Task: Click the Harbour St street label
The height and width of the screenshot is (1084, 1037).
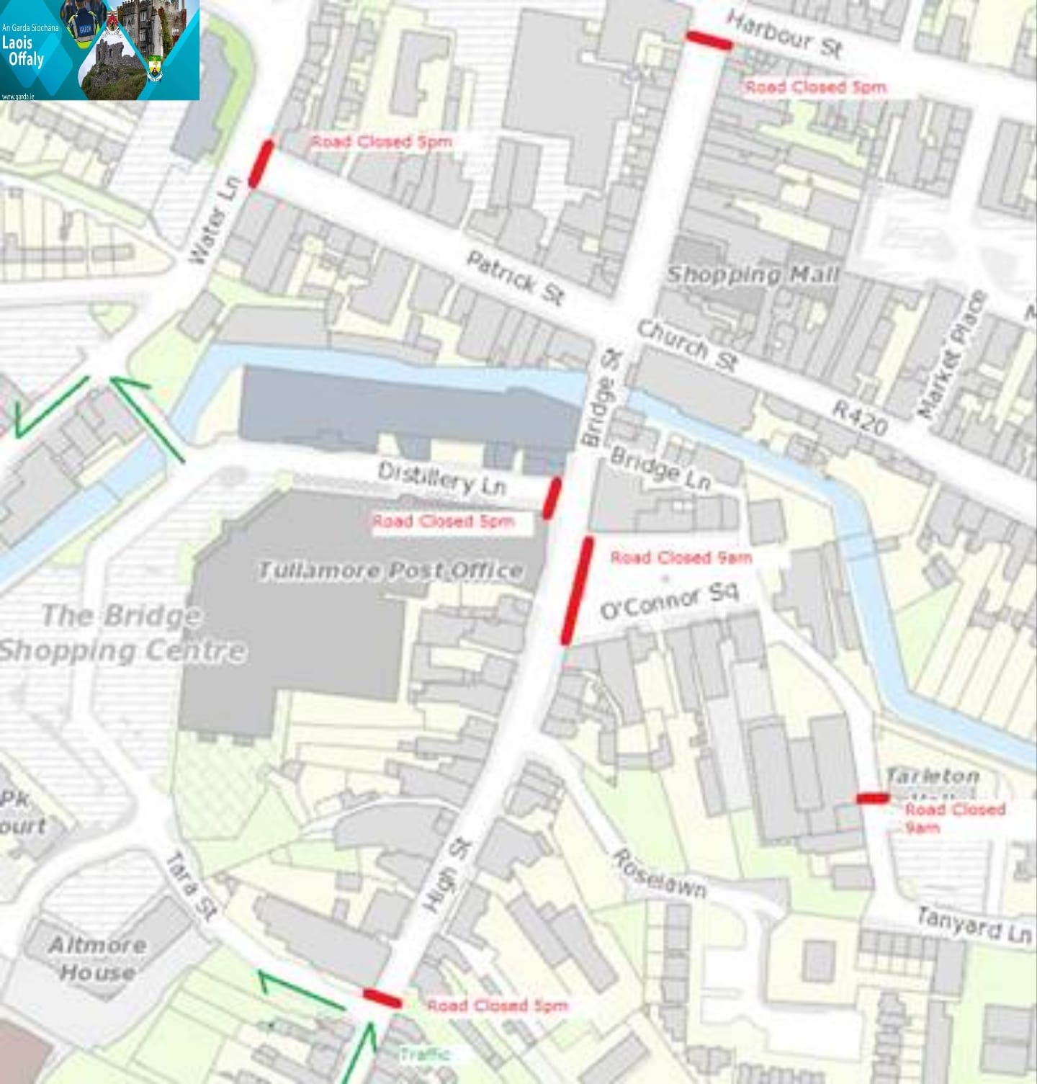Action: (784, 35)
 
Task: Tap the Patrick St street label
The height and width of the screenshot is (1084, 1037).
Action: (515, 278)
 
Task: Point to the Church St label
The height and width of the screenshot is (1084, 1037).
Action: (687, 346)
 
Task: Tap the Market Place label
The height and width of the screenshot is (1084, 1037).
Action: (951, 354)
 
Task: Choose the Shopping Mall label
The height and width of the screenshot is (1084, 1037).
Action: (753, 274)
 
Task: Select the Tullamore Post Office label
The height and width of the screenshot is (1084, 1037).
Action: (390, 571)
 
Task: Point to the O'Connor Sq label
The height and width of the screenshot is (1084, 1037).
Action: (670, 601)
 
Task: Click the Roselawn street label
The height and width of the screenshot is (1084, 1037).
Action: (658, 873)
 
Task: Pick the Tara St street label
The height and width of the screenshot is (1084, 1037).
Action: (191, 886)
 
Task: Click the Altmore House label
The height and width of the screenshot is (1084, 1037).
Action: (96, 959)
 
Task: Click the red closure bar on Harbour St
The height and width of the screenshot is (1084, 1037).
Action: (709, 40)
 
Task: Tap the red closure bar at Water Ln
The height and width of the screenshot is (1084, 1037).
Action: (261, 164)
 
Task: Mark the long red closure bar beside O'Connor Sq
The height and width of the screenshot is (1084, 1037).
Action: (578, 590)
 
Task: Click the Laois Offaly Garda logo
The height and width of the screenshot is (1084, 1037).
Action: (100, 50)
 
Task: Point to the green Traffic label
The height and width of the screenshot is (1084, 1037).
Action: (425, 1054)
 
